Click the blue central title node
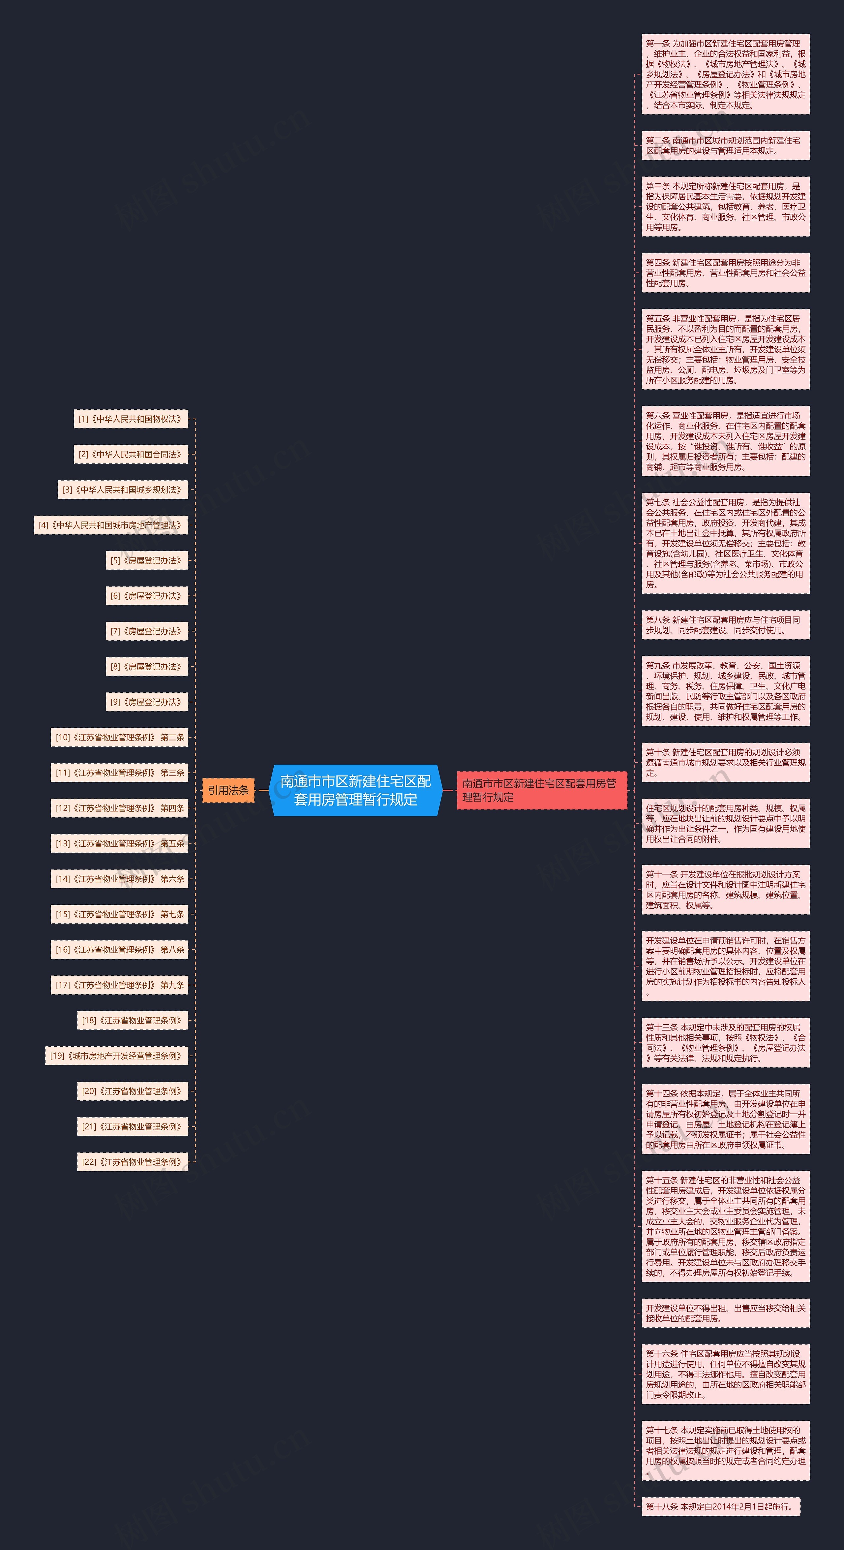point(355,790)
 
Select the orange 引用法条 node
point(228,790)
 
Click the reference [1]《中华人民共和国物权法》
point(131,419)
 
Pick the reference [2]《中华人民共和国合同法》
point(131,454)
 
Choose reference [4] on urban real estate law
point(111,525)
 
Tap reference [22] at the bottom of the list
point(132,1162)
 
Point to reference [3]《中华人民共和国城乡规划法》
point(123,490)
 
